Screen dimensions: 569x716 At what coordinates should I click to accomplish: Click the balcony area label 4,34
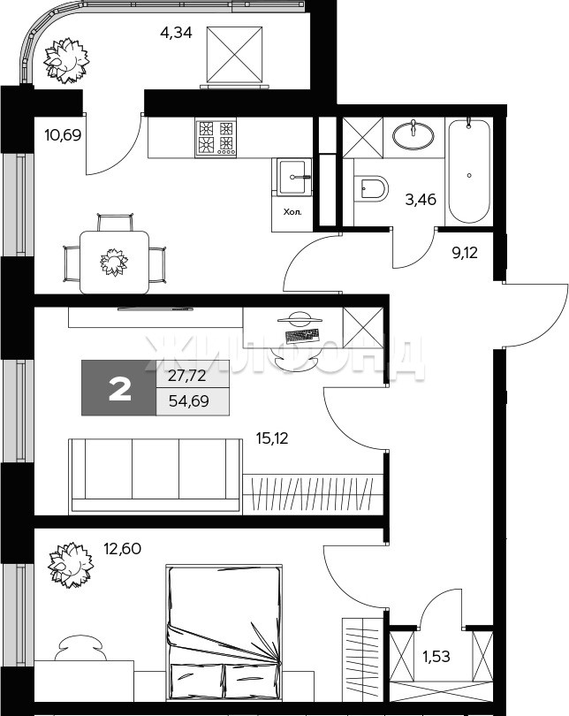click(176, 34)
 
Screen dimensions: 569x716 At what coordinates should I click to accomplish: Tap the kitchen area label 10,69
click(63, 135)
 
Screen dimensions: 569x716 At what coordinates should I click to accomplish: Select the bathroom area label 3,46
click(421, 200)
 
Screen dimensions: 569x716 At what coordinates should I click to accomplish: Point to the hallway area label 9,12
click(465, 253)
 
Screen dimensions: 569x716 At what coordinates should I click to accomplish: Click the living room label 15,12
click(272, 438)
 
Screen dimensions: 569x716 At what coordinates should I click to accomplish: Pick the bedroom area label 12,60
click(122, 548)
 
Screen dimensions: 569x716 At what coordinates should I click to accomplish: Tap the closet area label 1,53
click(436, 657)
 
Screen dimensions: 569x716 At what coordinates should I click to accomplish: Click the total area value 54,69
click(189, 401)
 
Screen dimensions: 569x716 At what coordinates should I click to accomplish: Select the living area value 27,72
click(187, 376)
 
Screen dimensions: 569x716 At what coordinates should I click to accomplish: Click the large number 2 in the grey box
click(119, 391)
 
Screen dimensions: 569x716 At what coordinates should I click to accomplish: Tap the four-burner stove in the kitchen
click(216, 138)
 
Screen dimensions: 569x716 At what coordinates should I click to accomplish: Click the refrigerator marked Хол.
click(292, 213)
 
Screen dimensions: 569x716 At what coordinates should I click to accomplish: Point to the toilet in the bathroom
click(371, 187)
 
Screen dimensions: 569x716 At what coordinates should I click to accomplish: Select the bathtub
click(469, 171)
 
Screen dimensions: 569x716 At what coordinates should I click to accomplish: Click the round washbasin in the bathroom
click(413, 134)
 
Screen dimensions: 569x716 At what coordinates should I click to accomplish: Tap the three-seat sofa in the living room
click(156, 476)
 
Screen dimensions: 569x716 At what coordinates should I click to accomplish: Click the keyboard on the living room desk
click(301, 336)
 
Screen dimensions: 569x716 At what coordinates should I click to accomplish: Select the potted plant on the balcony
click(66, 60)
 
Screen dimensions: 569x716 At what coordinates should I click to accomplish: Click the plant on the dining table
click(114, 263)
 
